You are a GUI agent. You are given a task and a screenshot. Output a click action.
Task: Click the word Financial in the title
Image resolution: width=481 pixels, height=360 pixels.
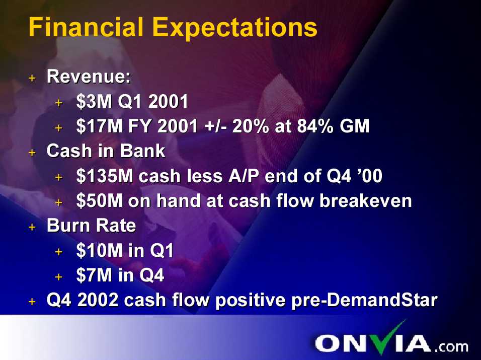click(86, 27)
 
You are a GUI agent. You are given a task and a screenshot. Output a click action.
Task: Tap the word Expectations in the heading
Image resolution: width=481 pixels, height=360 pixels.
click(234, 28)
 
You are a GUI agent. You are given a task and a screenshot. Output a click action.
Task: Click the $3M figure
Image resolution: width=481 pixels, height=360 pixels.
click(94, 102)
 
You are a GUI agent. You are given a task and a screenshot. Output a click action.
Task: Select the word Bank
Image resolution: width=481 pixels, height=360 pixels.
click(143, 151)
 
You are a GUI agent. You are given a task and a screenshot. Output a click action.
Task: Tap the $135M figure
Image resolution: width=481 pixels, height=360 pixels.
click(105, 176)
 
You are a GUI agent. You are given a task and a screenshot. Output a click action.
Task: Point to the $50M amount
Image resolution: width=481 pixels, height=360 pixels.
click(100, 201)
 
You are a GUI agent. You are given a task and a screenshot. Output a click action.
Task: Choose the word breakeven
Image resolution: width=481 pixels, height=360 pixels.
click(365, 201)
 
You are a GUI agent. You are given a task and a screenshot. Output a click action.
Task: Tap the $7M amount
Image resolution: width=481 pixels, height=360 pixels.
click(94, 275)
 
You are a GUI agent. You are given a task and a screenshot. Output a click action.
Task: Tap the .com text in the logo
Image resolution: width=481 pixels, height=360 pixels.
click(451, 346)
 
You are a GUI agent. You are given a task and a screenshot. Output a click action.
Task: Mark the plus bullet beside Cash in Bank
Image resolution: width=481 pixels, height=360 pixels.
click(32, 153)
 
